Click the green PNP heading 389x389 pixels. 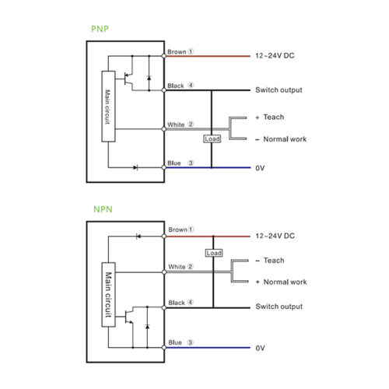tap(100, 29)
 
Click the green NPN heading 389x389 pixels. tap(103, 209)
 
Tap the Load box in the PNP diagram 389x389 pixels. tap(212, 138)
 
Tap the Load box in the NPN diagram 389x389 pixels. tap(214, 253)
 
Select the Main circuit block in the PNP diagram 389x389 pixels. tap(108, 107)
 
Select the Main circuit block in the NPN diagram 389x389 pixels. tap(108, 295)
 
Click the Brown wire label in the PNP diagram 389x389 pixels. tap(177, 52)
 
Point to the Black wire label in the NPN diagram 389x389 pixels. tap(177, 303)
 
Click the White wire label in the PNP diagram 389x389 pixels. tap(176, 124)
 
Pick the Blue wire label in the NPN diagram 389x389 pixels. tap(175, 342)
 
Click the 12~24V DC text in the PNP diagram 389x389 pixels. tap(275, 55)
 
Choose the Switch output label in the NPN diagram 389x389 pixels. tap(279, 307)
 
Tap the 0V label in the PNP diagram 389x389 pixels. tap(260, 168)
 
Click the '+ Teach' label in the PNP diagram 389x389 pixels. tap(270, 117)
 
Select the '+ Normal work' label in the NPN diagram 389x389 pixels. tap(282, 282)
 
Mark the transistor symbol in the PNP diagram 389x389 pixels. tap(128, 79)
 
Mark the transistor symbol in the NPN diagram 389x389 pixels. tap(129, 317)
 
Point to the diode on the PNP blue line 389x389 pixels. tap(135, 167)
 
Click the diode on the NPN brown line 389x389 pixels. tap(138, 237)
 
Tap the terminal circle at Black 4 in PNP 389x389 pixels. tap(163, 90)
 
